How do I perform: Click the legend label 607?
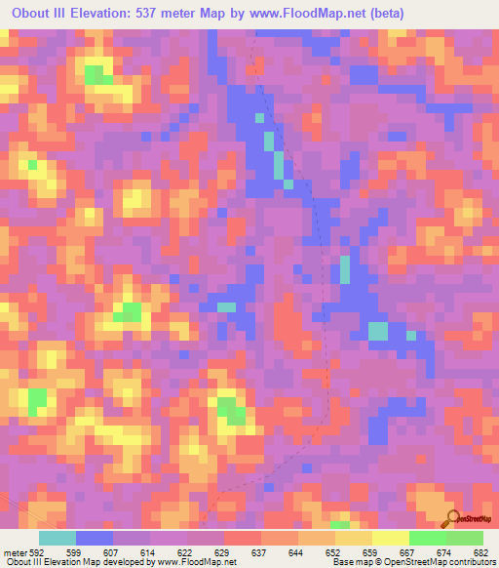coord(118,551)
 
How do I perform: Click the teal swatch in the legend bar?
coord(58,538)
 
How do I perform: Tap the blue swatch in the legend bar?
coord(95,538)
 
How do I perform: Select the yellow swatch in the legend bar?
coord(390,538)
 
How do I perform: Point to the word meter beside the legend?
coord(15,551)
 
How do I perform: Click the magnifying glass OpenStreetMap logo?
coord(454,519)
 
